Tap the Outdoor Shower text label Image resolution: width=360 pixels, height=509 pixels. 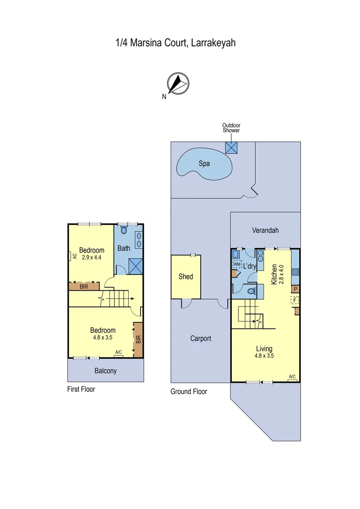[231, 128]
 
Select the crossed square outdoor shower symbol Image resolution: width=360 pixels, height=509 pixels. [231, 147]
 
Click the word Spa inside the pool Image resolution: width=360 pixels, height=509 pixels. [204, 164]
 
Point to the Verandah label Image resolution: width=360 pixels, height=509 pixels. [265, 230]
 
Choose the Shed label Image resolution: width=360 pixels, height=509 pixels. [186, 276]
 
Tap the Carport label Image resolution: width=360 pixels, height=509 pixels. [201, 338]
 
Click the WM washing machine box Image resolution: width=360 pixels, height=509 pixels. [237, 264]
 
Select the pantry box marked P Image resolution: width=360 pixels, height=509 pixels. [295, 289]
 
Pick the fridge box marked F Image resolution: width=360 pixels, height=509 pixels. [295, 300]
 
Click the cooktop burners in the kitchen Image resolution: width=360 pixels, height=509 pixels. [295, 271]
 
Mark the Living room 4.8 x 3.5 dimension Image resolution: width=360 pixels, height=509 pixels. [263, 356]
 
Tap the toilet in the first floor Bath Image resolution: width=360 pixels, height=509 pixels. [124, 230]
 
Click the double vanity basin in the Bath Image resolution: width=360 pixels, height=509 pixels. [139, 241]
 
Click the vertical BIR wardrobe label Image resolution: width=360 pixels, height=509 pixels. [138, 339]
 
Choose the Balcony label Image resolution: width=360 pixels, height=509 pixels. [106, 371]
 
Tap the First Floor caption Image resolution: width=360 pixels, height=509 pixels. [81, 389]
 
